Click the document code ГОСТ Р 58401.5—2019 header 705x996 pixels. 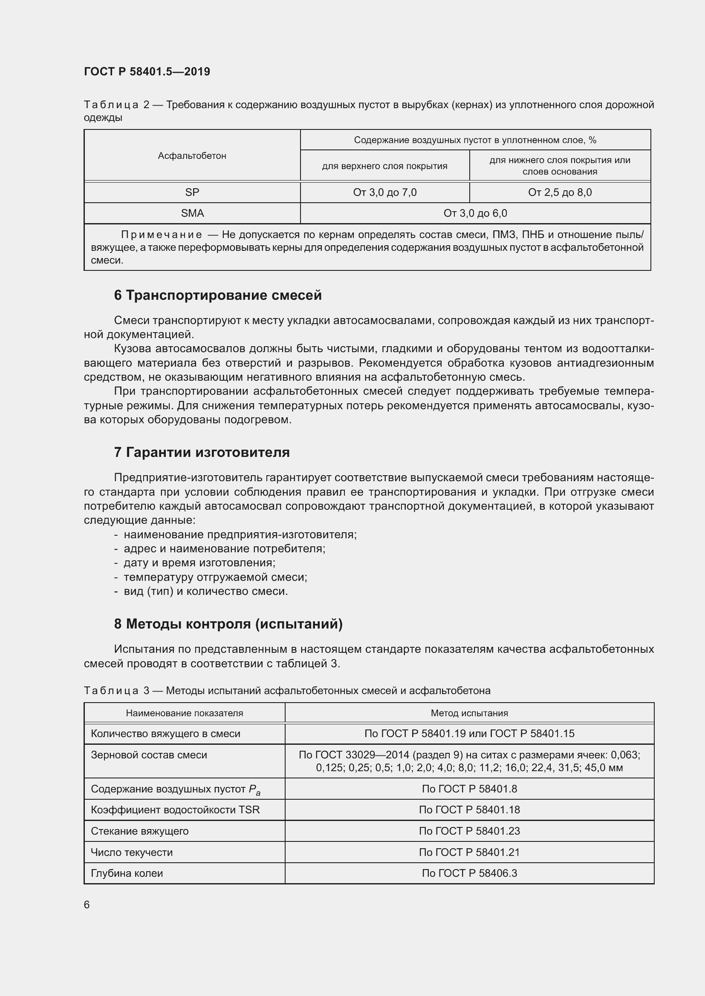point(147,72)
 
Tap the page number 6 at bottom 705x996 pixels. point(87,904)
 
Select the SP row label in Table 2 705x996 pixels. point(192,192)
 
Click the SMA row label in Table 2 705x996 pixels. point(192,213)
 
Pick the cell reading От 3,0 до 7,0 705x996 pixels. point(384,192)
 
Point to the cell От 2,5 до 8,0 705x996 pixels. point(560,192)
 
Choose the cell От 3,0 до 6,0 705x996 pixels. point(475,213)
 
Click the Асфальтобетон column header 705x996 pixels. point(192,155)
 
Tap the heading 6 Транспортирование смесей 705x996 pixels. point(217,295)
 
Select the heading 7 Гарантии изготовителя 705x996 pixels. point(202,452)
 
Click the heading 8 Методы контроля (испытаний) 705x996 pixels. point(228,623)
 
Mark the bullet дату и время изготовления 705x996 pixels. point(199,563)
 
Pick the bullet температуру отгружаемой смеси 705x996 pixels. point(215,577)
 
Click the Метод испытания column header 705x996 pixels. point(469,713)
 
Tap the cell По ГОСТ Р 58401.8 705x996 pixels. point(469,789)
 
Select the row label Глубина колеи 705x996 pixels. point(127,873)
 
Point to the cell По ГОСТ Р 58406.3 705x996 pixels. point(469,873)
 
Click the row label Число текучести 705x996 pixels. point(132,852)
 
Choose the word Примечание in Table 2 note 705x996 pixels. point(162,235)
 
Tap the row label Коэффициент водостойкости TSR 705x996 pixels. point(175,809)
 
